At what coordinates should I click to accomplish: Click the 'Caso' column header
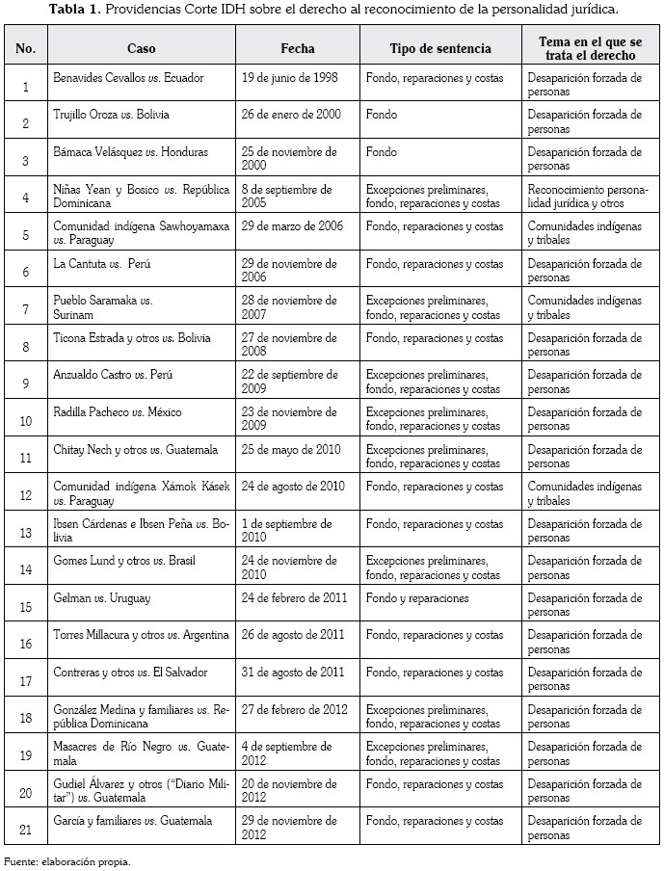141,48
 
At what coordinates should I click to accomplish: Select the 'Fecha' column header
298,48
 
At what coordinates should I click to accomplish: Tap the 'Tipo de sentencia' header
440,48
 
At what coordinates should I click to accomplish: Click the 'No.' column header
26,48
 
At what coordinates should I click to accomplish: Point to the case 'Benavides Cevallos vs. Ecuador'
128,78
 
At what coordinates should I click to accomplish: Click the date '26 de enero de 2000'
291,115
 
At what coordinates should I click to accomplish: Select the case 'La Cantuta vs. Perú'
103,264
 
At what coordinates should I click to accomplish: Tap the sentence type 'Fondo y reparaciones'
417,598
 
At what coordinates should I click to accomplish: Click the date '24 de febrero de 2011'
294,598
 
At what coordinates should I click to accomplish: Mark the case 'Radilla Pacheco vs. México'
118,412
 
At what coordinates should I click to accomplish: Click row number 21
26,830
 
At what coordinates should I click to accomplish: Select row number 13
26,532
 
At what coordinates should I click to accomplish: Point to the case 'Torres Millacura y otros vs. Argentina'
141,635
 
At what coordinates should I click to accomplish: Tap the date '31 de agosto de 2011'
292,673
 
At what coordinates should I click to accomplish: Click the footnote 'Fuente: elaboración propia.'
66,861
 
